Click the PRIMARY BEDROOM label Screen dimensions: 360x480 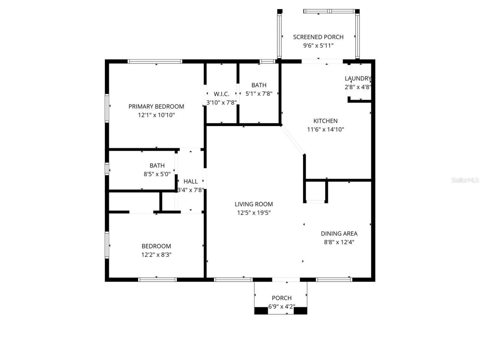[x=156, y=106]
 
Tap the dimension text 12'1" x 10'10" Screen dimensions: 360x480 [x=156, y=115]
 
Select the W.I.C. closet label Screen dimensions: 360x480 [x=221, y=94]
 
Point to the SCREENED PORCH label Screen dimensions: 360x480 [x=318, y=37]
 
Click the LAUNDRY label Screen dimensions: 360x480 [x=358, y=78]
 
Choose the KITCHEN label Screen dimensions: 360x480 [x=325, y=121]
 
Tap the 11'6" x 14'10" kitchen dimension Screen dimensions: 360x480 [x=325, y=129]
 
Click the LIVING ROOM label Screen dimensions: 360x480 [x=253, y=204]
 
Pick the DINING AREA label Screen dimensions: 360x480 [x=339, y=234]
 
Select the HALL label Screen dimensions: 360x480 [x=190, y=181]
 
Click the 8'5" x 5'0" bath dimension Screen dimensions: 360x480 [x=157, y=174]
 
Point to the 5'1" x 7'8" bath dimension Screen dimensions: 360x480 [x=259, y=94]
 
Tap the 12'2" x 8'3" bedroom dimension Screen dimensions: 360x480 [x=156, y=255]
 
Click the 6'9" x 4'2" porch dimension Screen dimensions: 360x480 [x=281, y=306]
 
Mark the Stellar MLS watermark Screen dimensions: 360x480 [x=465, y=180]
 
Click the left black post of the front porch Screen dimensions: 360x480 [x=261, y=310]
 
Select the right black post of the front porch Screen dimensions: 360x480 [x=300, y=310]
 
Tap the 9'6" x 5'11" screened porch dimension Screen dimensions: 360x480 [x=318, y=46]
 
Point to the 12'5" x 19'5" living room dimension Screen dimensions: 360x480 [x=253, y=213]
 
